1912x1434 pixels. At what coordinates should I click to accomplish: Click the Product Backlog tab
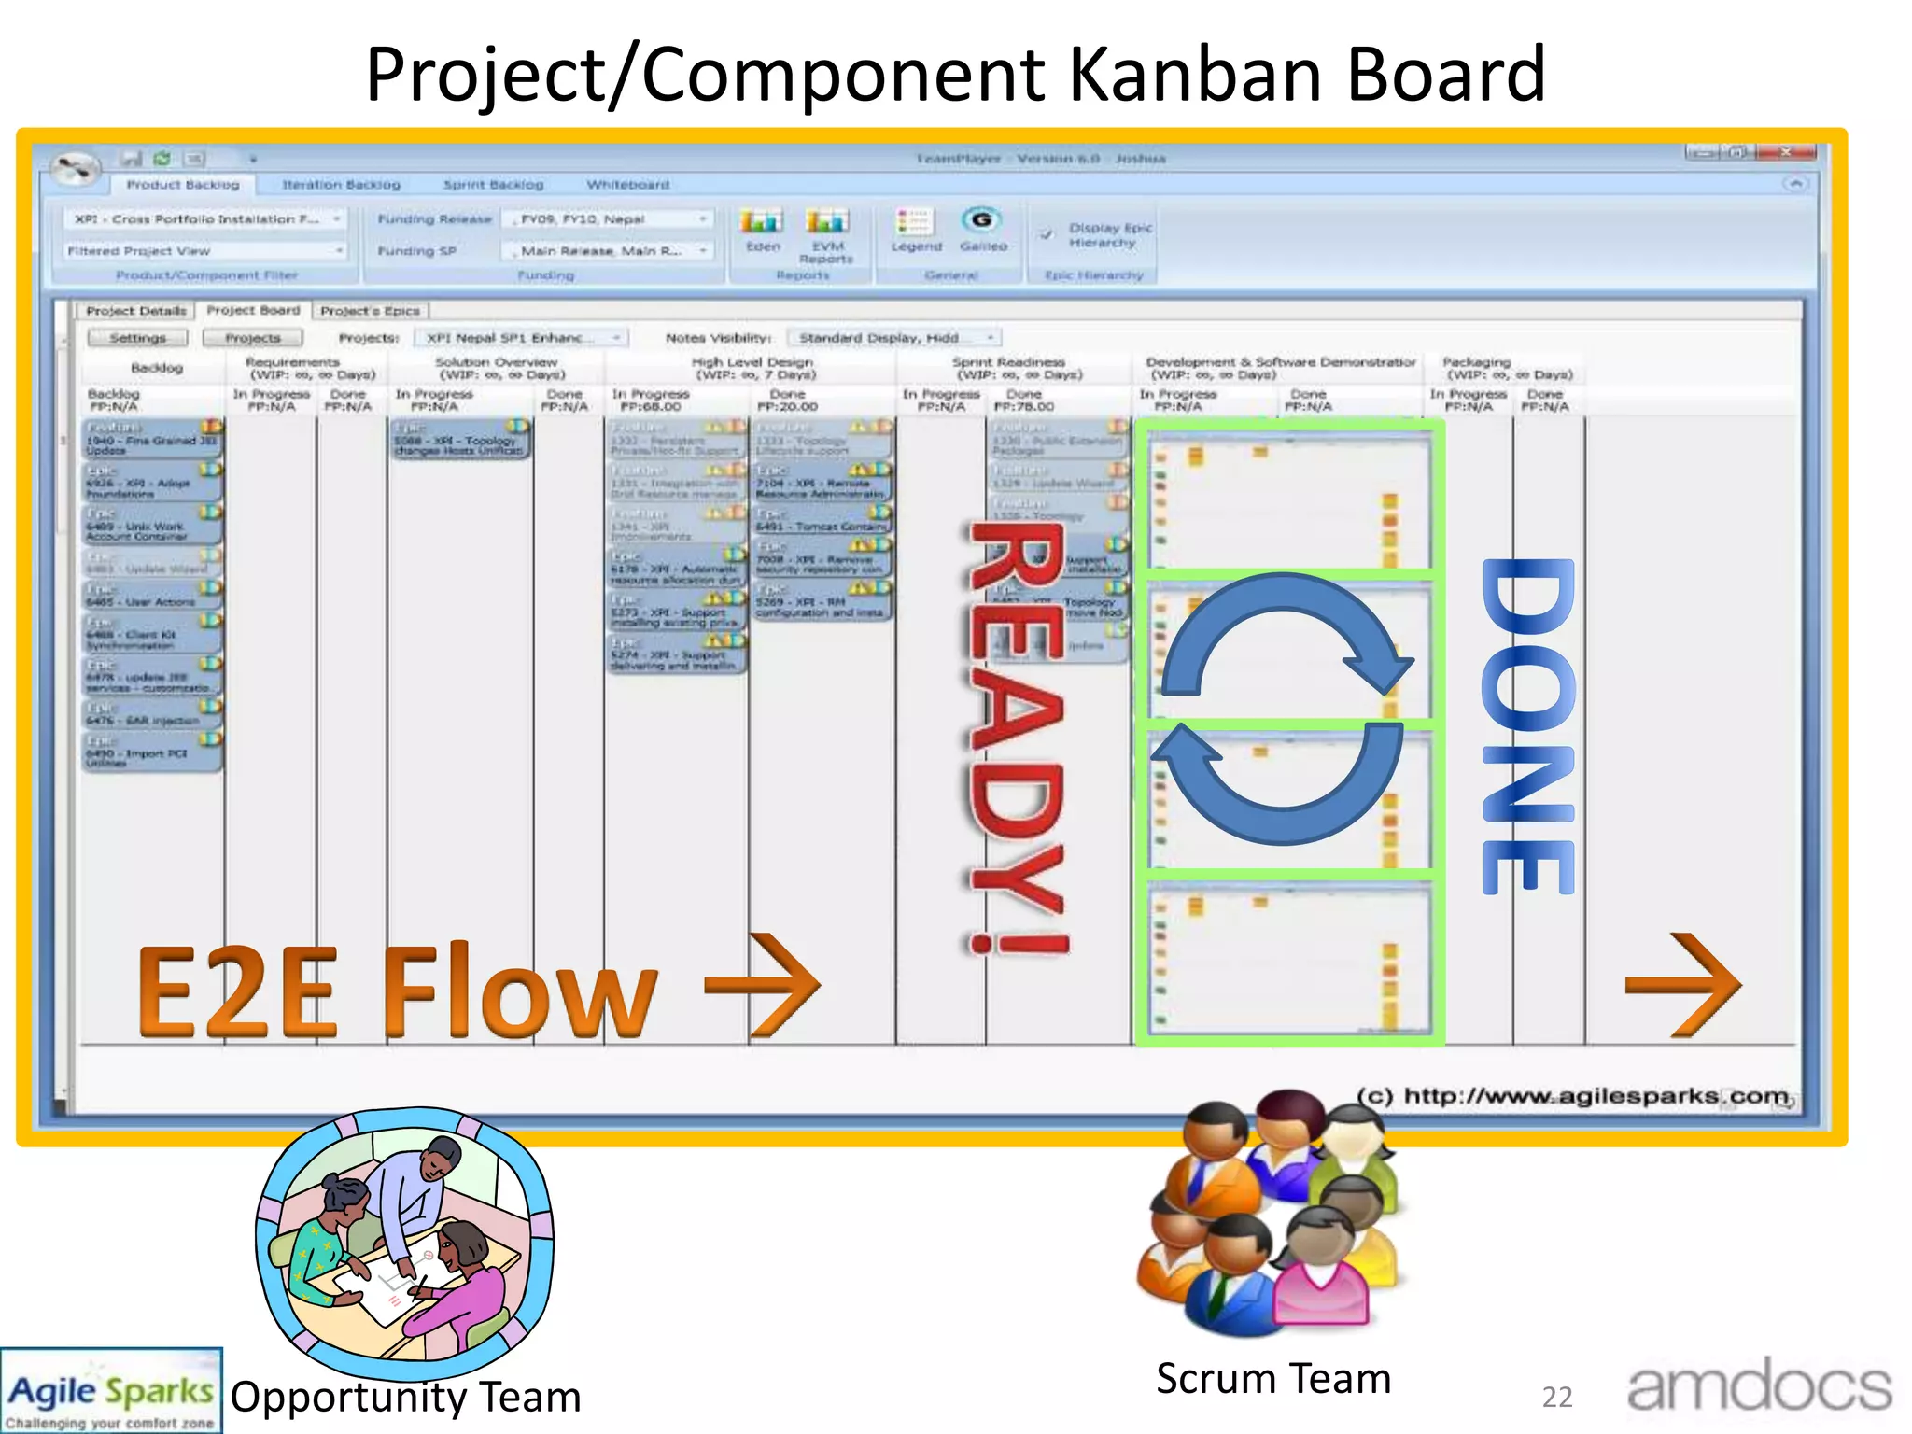coord(183,185)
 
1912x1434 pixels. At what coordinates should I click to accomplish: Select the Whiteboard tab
coord(627,185)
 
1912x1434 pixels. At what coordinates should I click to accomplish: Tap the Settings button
coord(137,338)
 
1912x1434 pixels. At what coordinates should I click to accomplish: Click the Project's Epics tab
coord(371,311)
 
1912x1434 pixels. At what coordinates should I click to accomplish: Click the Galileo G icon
coord(981,220)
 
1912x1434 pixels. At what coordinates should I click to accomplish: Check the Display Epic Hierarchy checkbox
coord(1047,234)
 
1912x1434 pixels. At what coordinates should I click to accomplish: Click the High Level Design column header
coord(752,368)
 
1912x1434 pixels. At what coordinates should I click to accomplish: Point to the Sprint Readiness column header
coord(1008,368)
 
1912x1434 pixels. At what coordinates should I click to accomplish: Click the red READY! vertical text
coord(1018,738)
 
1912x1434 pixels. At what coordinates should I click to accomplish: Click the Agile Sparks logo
coord(111,1391)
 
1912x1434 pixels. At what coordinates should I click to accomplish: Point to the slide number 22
coord(1557,1398)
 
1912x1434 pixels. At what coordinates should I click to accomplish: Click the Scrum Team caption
coord(1273,1379)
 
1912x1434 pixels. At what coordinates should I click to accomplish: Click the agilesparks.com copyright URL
coord(1572,1095)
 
